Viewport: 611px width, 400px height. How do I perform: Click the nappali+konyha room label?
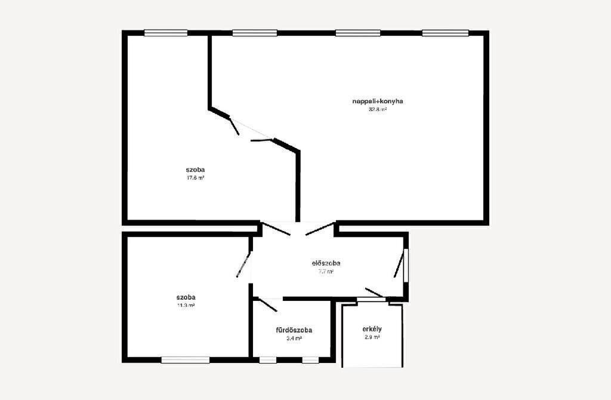point(378,101)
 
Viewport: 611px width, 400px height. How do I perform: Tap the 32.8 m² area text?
point(378,109)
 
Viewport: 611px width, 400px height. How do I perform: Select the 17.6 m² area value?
point(196,178)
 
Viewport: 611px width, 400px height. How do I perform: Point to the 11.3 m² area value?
point(186,305)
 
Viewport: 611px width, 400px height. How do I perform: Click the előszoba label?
point(326,263)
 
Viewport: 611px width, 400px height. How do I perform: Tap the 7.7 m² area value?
point(326,272)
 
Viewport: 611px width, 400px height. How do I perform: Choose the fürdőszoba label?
point(294,330)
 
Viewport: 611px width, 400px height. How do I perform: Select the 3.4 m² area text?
point(294,339)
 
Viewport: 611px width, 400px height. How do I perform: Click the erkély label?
point(372,329)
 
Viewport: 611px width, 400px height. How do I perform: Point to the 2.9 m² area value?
point(372,337)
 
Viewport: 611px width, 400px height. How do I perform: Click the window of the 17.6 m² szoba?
point(166,33)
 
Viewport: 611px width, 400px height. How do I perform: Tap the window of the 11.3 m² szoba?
point(186,360)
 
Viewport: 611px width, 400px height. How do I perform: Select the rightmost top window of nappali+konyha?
point(445,33)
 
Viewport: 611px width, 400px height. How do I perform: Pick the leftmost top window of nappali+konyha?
point(255,33)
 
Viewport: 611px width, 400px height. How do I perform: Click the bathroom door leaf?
point(268,305)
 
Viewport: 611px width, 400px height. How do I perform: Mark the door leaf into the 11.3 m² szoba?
point(243,264)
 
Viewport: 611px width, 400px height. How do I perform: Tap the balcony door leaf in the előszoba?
point(375,293)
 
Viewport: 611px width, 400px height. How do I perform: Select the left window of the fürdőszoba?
point(267,360)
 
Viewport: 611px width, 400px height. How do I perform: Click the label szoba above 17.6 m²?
point(195,170)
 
